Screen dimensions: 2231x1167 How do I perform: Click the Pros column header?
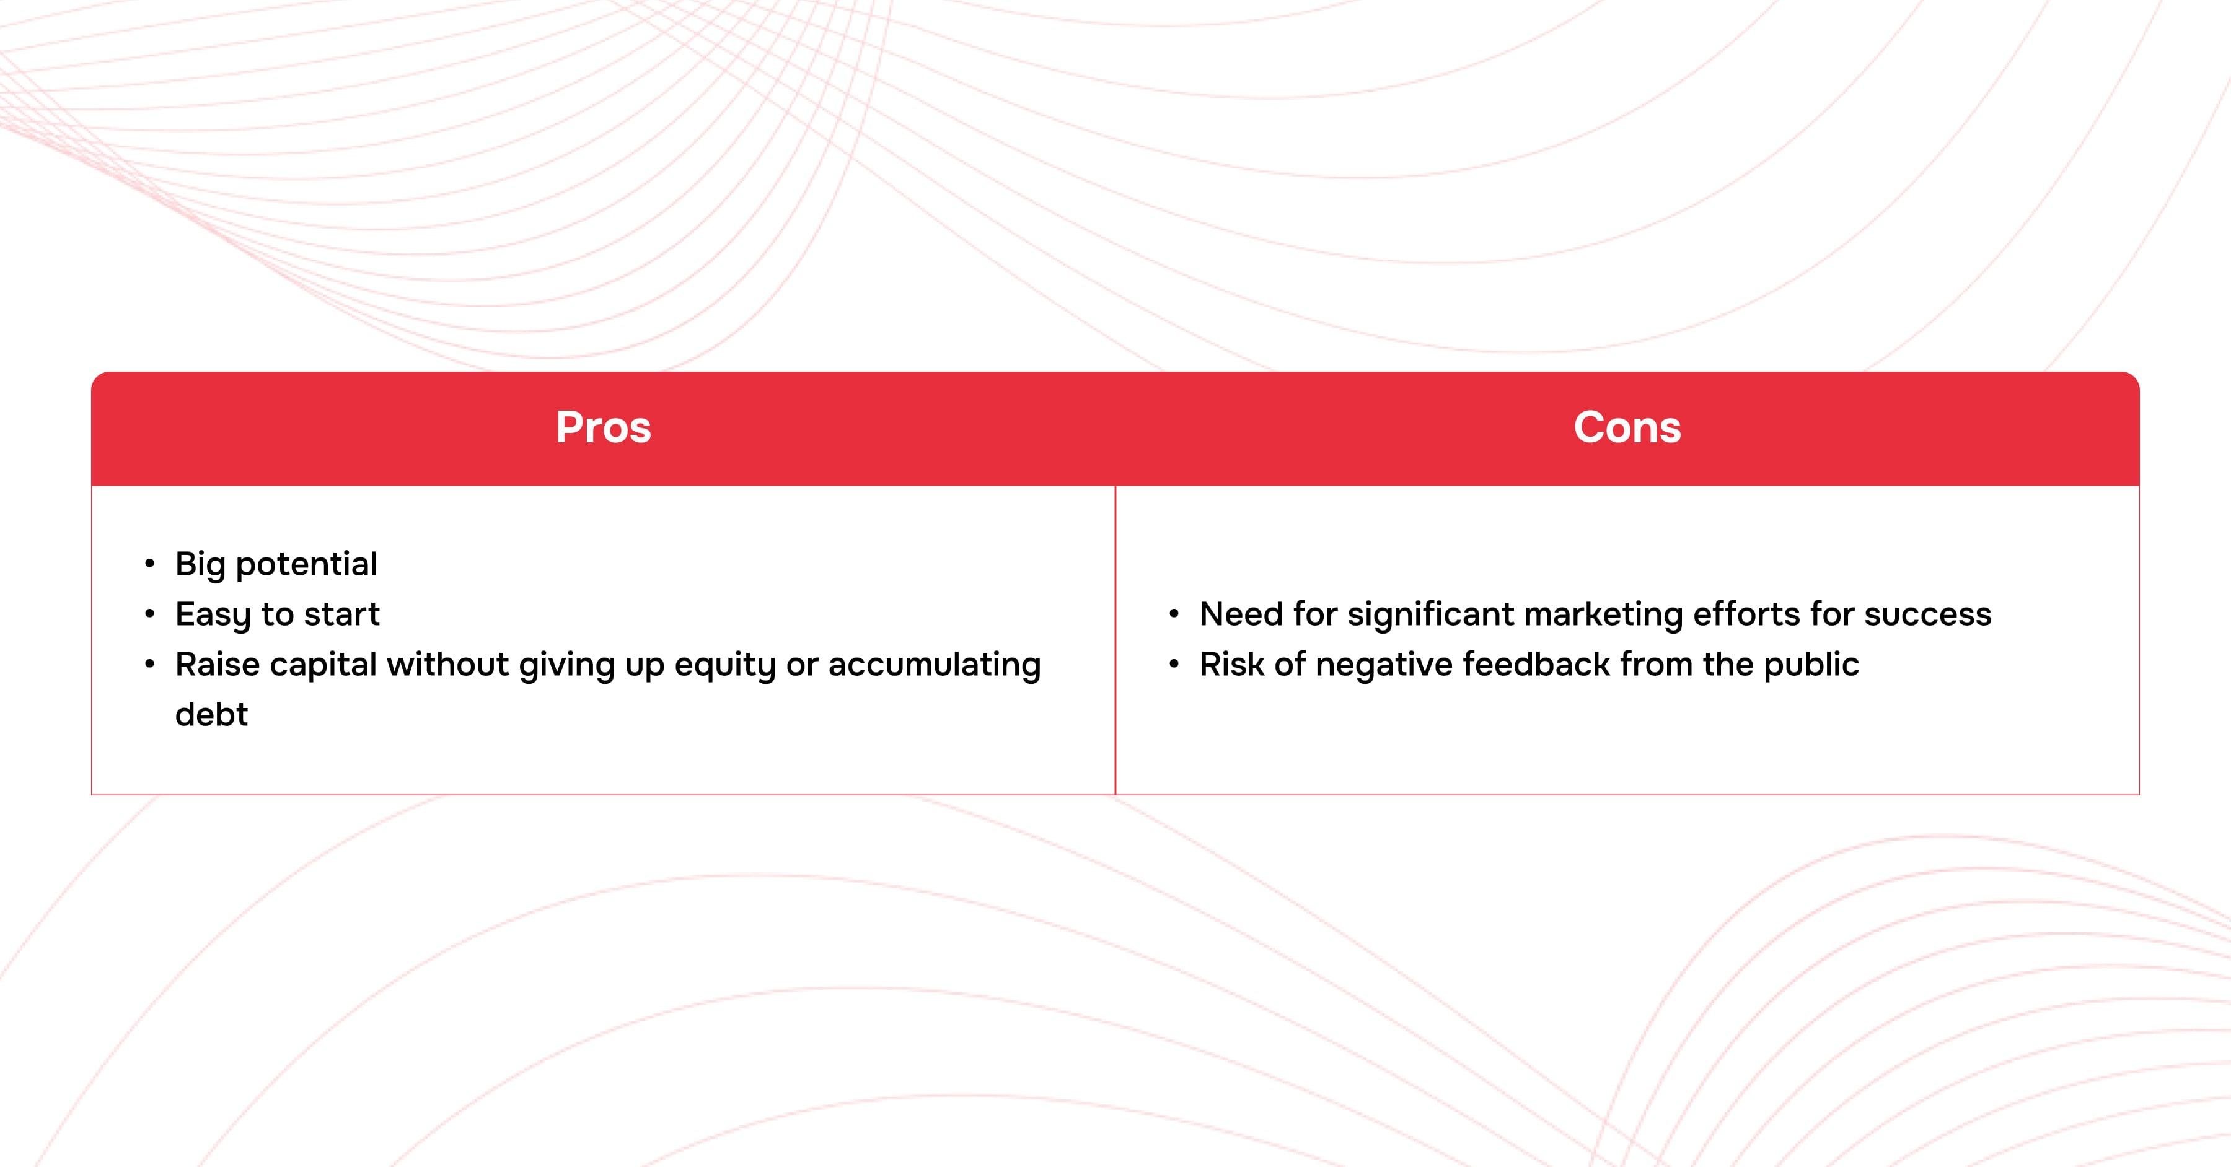(x=603, y=427)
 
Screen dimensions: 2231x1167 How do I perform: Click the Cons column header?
(x=1627, y=427)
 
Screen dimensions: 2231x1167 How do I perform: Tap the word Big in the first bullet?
(x=200, y=564)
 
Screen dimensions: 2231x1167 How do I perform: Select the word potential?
(x=307, y=564)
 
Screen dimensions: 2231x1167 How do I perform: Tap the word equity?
(x=725, y=665)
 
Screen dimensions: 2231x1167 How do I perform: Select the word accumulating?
(x=935, y=665)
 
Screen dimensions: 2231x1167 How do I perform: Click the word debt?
(x=211, y=715)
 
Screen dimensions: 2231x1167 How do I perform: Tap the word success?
(x=1928, y=614)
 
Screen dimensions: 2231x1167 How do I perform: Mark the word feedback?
(x=1536, y=665)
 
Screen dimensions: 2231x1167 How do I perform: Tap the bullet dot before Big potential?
(x=150, y=564)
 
